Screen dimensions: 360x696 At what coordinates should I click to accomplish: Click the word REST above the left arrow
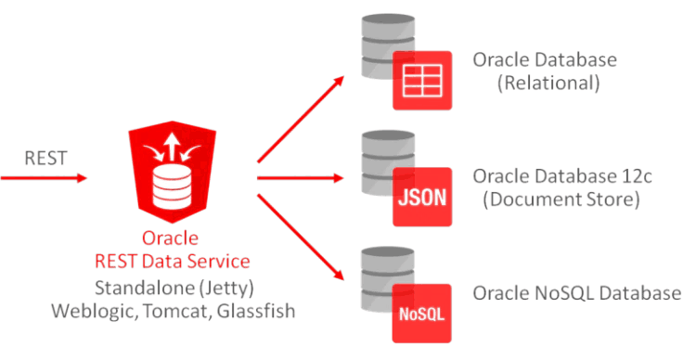coord(45,157)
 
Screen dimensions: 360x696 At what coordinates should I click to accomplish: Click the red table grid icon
coord(422,80)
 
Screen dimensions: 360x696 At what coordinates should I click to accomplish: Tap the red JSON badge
coord(422,197)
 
